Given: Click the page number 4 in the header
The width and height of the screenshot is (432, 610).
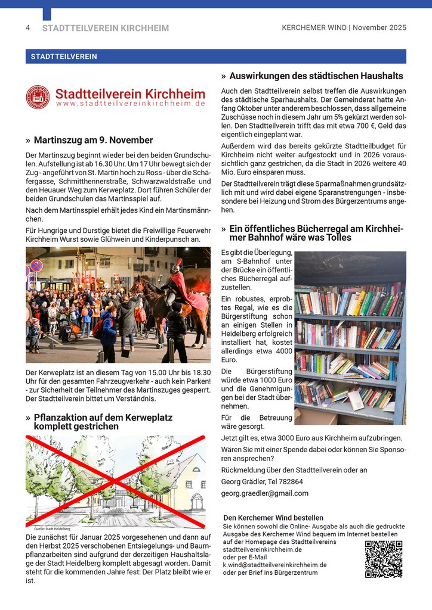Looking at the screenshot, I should [27, 28].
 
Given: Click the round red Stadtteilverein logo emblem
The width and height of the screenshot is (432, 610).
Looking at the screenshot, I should [38, 97].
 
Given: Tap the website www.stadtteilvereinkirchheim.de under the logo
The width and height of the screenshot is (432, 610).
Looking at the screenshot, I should [131, 104].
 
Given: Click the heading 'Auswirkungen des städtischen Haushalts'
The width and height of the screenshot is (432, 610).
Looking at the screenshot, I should [316, 76].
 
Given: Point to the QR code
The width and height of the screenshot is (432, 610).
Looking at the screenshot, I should [383, 559].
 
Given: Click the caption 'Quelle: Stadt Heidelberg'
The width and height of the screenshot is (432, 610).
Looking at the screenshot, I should [53, 528].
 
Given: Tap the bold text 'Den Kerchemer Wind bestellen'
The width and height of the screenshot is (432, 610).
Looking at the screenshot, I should [273, 518].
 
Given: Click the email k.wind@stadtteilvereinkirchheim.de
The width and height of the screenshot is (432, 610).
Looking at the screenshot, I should [274, 565].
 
